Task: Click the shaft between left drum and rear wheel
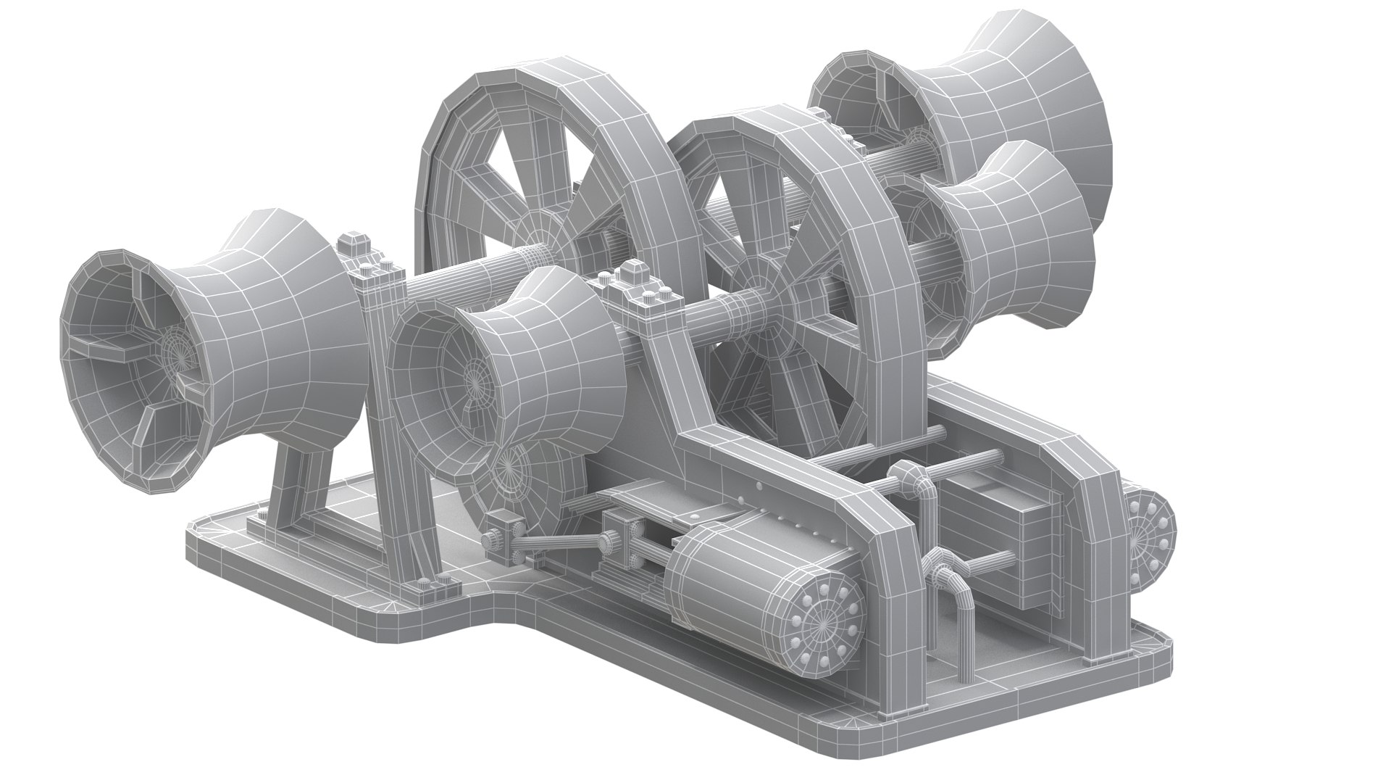click(464, 275)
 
